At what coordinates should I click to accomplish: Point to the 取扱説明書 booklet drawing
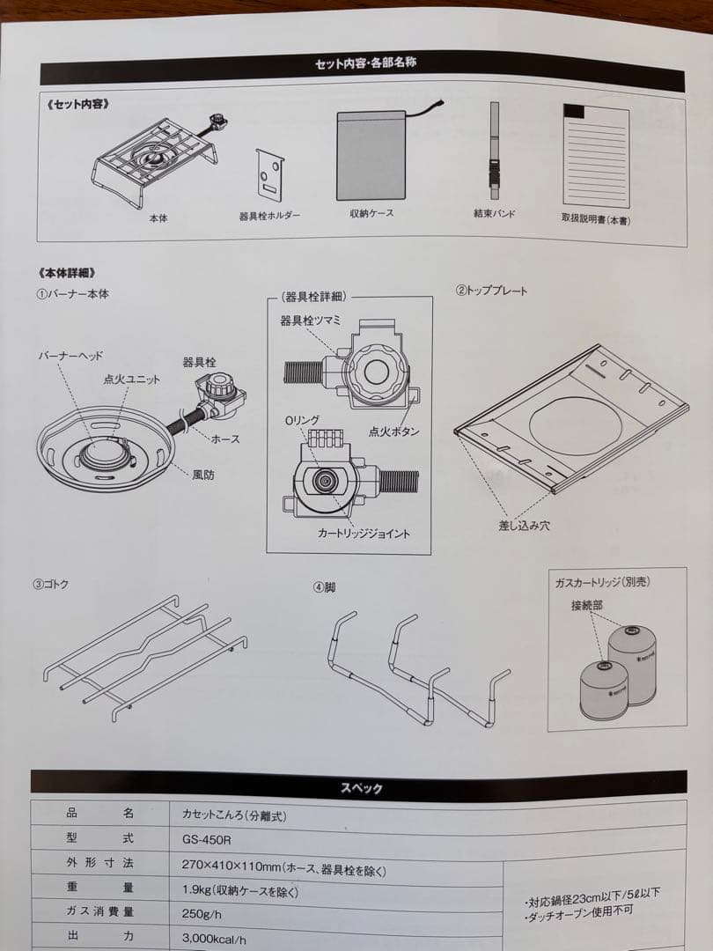(x=597, y=156)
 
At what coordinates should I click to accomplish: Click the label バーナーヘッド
(x=70, y=356)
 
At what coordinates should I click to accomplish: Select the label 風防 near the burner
(x=203, y=475)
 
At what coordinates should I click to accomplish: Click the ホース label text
(x=226, y=439)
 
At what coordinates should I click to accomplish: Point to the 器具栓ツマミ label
(x=311, y=321)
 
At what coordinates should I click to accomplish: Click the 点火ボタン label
(x=393, y=431)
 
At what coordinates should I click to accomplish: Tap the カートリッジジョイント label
(x=364, y=534)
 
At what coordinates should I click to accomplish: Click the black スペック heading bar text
(x=361, y=788)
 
